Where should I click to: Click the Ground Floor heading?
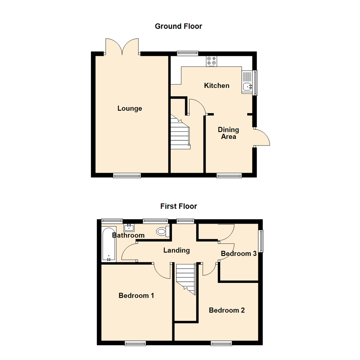[178, 26]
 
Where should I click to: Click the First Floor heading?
[179, 206]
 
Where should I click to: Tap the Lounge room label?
[130, 109]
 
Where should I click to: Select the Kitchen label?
[217, 86]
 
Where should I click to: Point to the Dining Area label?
[228, 133]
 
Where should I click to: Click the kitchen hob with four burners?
[211, 61]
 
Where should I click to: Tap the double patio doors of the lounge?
[122, 47]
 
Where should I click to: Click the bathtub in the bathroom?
[109, 244]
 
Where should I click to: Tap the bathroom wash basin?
[129, 228]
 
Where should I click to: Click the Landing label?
[176, 250]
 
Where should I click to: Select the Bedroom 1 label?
[136, 295]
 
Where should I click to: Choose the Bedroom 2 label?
[227, 310]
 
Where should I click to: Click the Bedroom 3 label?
[239, 254]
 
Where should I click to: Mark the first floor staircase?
[186, 278]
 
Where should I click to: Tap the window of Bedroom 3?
[261, 241]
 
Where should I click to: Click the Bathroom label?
[128, 235]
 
